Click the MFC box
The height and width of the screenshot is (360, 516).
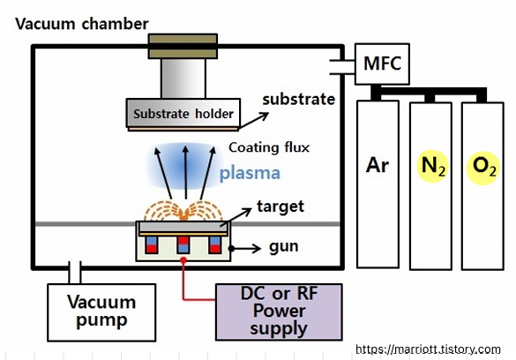(382, 64)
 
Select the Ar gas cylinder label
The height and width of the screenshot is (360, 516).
(378, 165)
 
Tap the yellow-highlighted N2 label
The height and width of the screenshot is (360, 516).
(432, 166)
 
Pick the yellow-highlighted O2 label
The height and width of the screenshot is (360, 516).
(483, 168)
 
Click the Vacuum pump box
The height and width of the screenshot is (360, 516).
(101, 312)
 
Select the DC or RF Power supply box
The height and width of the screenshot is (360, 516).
(279, 311)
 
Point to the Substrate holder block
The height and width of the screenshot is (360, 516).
(183, 113)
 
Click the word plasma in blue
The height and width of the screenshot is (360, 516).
(250, 174)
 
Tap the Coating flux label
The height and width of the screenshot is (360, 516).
(269, 147)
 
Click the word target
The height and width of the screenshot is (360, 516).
(280, 207)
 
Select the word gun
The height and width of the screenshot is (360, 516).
(284, 247)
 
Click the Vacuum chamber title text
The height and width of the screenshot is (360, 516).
(82, 24)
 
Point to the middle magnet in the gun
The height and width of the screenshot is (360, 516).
(183, 244)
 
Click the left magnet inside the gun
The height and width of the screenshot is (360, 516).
(152, 244)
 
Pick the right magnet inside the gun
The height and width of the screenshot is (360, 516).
(215, 244)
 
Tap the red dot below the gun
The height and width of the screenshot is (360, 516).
(183, 260)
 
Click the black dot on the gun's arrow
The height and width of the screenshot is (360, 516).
(231, 249)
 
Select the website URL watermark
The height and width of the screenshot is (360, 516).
(428, 349)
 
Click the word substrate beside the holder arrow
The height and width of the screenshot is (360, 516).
(299, 99)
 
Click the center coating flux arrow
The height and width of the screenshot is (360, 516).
(185, 172)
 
